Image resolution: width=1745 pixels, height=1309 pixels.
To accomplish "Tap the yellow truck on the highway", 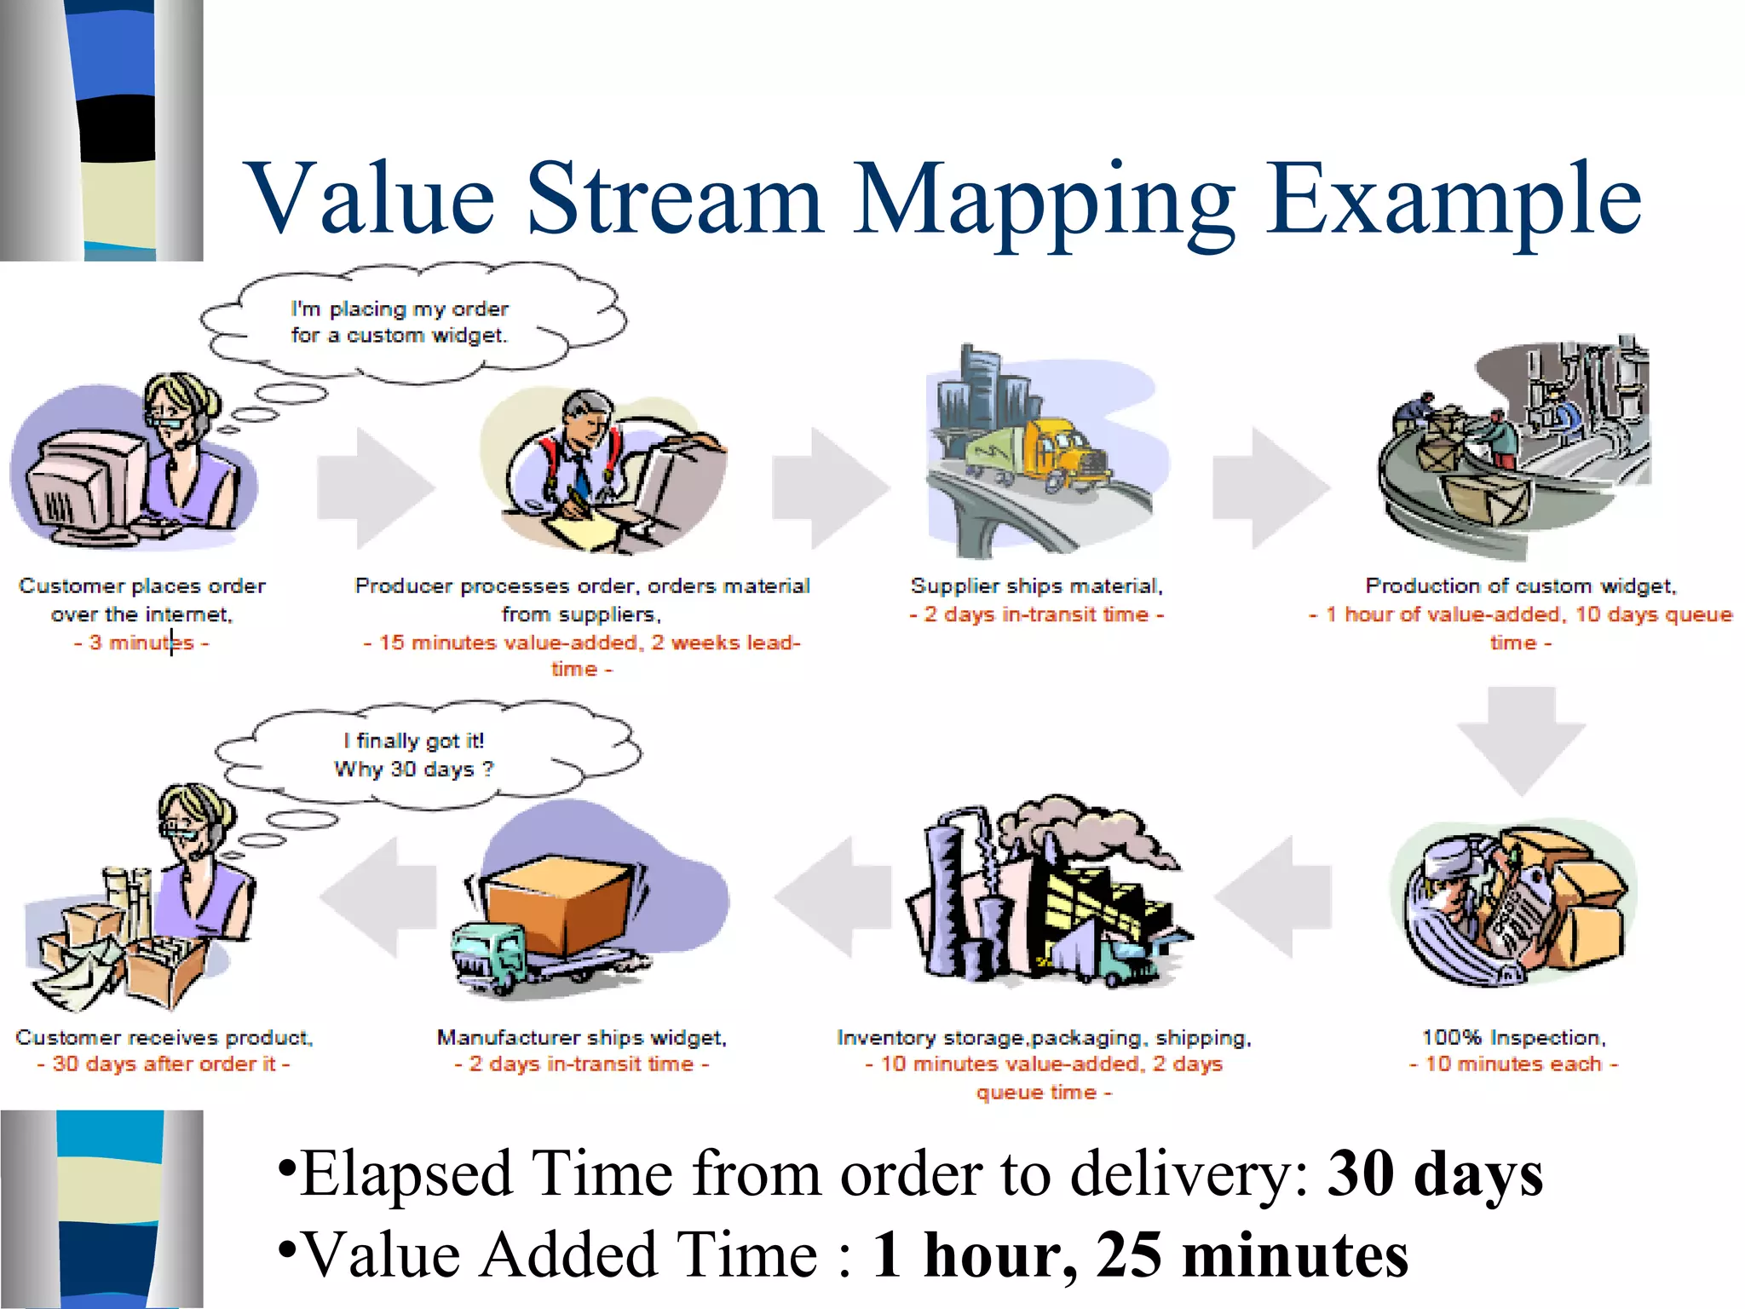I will tap(1061, 453).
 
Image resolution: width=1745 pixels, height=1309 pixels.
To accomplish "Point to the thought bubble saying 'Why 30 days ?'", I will tap(426, 754).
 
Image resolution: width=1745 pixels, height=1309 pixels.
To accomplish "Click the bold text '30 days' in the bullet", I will tap(1435, 1174).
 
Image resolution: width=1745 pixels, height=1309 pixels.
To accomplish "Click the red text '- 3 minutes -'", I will tap(141, 643).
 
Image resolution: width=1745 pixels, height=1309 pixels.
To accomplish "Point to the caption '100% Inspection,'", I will tap(1513, 1037).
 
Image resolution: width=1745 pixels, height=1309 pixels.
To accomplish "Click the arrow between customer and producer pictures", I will tap(375, 487).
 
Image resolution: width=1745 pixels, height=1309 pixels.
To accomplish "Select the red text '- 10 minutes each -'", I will tap(1513, 1064).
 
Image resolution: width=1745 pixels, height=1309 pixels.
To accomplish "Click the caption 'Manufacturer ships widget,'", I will tap(581, 1037).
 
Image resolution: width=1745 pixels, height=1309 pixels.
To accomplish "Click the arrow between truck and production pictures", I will tap(1270, 487).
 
